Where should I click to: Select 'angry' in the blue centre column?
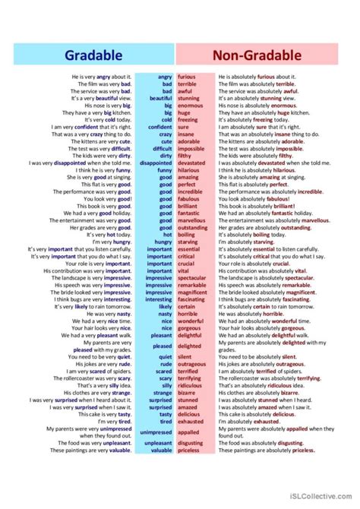tap(164, 77)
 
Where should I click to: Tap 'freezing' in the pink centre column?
tap(188, 119)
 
